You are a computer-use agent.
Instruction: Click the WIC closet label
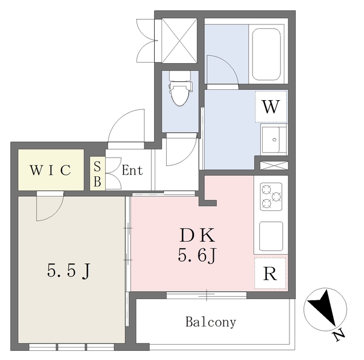coord(50,170)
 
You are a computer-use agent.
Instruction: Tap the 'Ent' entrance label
coord(133,170)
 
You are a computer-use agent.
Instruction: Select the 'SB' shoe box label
coord(97,173)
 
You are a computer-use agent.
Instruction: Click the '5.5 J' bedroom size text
coord(68,271)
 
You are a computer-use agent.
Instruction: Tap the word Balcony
coord(210,322)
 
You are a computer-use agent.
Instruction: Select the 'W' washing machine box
coord(271,106)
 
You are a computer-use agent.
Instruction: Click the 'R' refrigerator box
coord(270,274)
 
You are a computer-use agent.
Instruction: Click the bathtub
coord(266,53)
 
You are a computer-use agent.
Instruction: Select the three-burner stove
coord(271,196)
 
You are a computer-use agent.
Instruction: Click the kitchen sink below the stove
coord(271,235)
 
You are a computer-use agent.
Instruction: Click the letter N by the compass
coord(340,336)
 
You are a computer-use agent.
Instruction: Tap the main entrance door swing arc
coord(126,126)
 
